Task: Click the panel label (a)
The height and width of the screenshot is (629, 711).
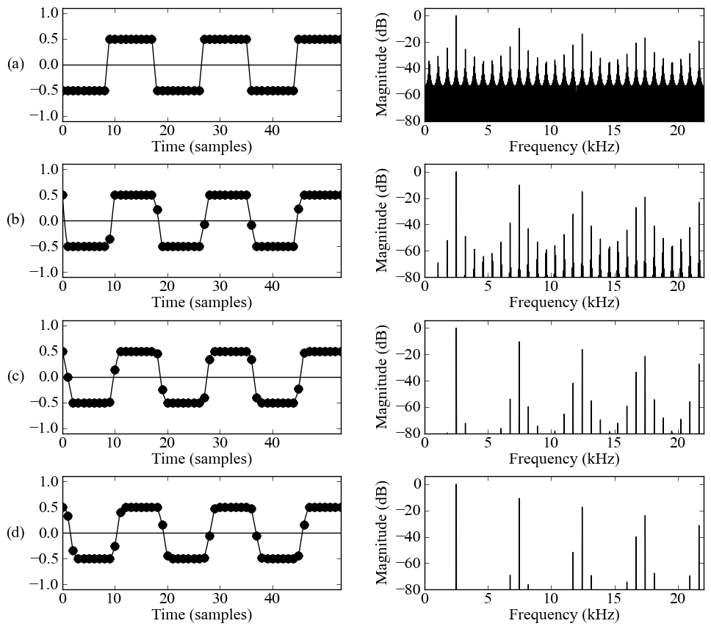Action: click(x=15, y=65)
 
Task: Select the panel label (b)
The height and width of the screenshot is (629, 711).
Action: click(x=15, y=220)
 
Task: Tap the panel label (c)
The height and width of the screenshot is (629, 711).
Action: click(x=15, y=376)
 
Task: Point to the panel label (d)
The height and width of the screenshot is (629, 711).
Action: click(x=15, y=533)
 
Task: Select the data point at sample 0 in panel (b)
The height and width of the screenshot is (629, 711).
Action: click(x=62, y=195)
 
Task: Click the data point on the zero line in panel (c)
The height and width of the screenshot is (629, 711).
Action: click(x=68, y=377)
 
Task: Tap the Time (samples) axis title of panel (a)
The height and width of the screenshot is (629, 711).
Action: click(x=201, y=147)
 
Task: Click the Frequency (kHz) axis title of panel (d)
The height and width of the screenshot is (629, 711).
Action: click(x=564, y=615)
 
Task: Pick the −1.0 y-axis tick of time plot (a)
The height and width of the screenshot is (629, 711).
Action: click(x=46, y=116)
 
